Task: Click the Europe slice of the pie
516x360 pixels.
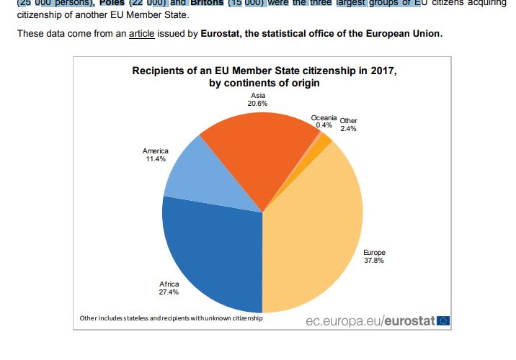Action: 317,230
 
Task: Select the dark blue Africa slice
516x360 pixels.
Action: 209,252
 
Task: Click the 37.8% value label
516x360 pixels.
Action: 374,261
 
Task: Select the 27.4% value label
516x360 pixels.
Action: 169,293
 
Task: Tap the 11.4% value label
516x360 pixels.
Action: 155,158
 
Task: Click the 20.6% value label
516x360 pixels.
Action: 257,104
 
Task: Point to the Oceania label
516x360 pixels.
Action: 324,117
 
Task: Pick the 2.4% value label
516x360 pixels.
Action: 348,129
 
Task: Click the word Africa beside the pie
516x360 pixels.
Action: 169,284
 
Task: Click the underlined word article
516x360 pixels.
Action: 142,35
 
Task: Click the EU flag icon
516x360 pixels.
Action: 443,320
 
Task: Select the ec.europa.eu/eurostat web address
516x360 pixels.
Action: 371,320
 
